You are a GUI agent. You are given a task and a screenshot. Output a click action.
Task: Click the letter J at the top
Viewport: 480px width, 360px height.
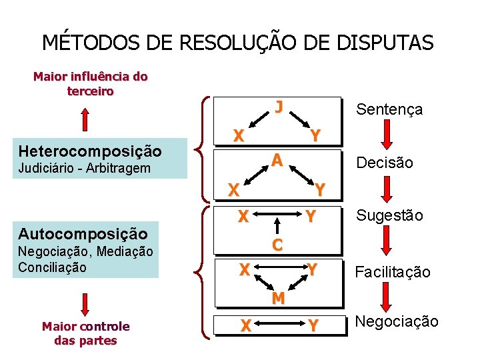coord(279,107)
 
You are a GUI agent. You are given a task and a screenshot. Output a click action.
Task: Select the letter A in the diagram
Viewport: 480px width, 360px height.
coord(278,160)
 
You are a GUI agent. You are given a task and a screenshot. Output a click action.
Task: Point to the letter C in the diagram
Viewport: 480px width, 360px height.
coord(277,245)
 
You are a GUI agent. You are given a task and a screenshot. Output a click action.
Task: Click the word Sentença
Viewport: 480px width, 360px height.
coord(389,109)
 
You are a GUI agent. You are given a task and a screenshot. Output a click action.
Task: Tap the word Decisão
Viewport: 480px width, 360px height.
coord(385,163)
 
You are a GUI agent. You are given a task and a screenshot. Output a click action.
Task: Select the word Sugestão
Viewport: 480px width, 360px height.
coord(389,215)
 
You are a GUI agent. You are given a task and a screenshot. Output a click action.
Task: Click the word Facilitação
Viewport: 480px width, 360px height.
coord(392,272)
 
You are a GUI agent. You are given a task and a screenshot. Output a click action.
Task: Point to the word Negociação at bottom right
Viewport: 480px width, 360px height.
coord(396,322)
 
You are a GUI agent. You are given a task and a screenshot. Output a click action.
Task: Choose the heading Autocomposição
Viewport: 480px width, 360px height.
coord(83,233)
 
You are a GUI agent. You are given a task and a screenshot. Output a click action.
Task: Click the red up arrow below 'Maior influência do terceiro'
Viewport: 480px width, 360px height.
coord(86,120)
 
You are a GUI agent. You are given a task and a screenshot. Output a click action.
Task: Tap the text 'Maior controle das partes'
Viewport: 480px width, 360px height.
coord(85,333)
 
